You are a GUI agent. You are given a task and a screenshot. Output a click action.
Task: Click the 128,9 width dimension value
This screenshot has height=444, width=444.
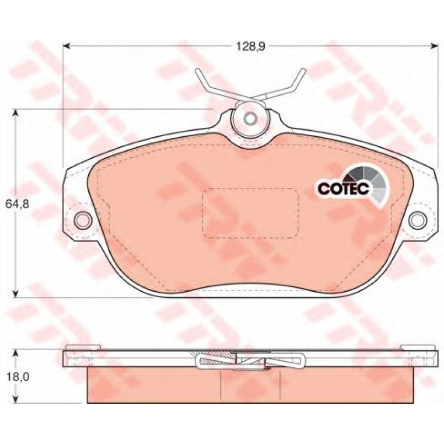click(x=250, y=47)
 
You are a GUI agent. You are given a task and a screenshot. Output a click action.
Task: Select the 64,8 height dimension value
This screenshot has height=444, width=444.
click(x=17, y=204)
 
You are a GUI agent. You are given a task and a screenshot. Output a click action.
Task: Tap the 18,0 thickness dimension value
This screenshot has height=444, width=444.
click(x=17, y=377)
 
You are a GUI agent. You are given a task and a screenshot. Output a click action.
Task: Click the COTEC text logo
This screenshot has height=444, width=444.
click(x=344, y=188)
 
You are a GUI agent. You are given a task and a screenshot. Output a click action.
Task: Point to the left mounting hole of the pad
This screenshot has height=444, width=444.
click(x=83, y=219)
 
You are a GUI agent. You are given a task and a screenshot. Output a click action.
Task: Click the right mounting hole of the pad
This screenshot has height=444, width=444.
click(x=418, y=219)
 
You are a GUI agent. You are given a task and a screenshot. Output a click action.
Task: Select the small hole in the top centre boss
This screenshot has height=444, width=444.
click(x=250, y=119)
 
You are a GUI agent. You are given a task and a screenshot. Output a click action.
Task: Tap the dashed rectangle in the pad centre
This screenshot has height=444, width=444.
click(x=250, y=213)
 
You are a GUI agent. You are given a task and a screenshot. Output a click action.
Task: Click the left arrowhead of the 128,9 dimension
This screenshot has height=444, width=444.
click(x=66, y=46)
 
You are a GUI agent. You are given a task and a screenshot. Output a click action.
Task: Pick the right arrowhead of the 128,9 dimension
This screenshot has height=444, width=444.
click(x=434, y=46)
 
